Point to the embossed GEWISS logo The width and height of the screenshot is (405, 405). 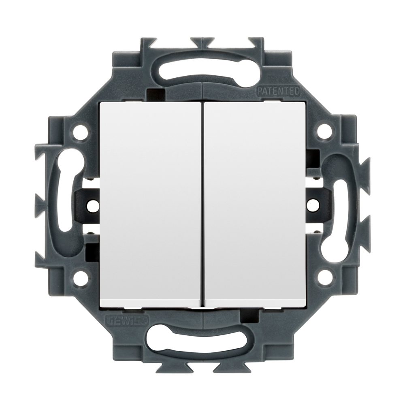click(126, 320)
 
